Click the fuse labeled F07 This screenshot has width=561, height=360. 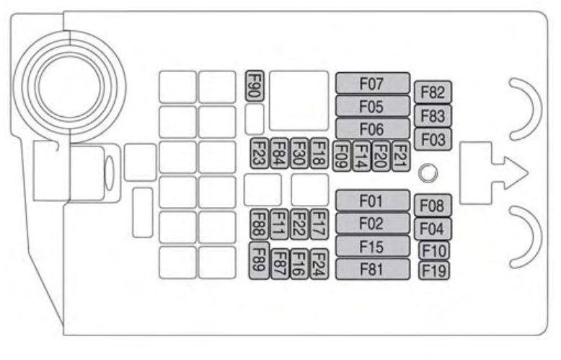(372, 83)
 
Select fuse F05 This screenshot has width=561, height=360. (372, 106)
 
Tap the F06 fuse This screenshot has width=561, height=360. (372, 128)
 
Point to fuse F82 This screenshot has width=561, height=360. (433, 92)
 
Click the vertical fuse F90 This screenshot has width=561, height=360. (254, 86)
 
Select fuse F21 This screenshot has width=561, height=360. (400, 155)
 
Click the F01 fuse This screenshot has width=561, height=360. (372, 199)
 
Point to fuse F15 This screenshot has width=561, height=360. (372, 246)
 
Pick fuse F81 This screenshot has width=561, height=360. (372, 269)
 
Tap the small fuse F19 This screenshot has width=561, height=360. (434, 271)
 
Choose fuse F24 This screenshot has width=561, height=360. (319, 263)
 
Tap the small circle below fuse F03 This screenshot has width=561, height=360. (428, 172)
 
